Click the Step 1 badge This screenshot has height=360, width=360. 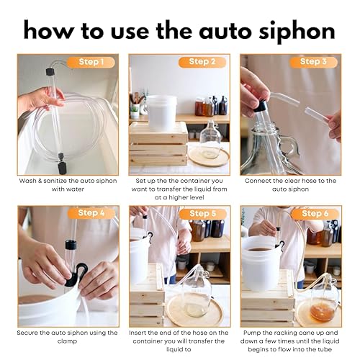tap(91, 62)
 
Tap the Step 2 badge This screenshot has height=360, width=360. tap(202, 62)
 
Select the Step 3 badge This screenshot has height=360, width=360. tap(313, 62)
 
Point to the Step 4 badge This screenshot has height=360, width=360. tap(91, 213)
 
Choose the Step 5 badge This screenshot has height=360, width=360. tap(202, 214)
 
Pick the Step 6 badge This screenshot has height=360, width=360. tap(315, 214)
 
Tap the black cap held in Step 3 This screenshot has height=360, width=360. tap(260, 106)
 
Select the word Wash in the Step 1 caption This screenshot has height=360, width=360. tap(27, 181)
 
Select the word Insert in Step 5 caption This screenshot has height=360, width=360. tap(138, 333)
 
